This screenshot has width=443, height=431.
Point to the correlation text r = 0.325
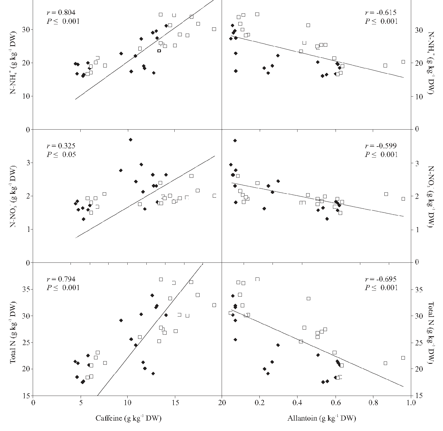61,146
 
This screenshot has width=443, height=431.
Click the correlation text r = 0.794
61,279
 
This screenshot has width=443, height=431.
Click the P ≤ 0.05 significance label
62,155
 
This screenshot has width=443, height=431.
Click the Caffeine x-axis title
128,419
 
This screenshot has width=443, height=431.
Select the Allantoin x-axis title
322,419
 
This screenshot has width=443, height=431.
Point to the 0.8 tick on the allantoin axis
373,402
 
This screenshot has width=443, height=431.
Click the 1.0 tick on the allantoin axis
411,402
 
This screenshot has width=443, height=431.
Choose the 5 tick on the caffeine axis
81,402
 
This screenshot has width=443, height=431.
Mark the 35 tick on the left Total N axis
26,289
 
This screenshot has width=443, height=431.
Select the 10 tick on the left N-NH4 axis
26,96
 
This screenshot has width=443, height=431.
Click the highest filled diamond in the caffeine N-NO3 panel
130,139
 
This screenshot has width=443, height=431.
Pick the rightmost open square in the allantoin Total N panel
403,358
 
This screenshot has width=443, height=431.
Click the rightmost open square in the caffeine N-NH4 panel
214,29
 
